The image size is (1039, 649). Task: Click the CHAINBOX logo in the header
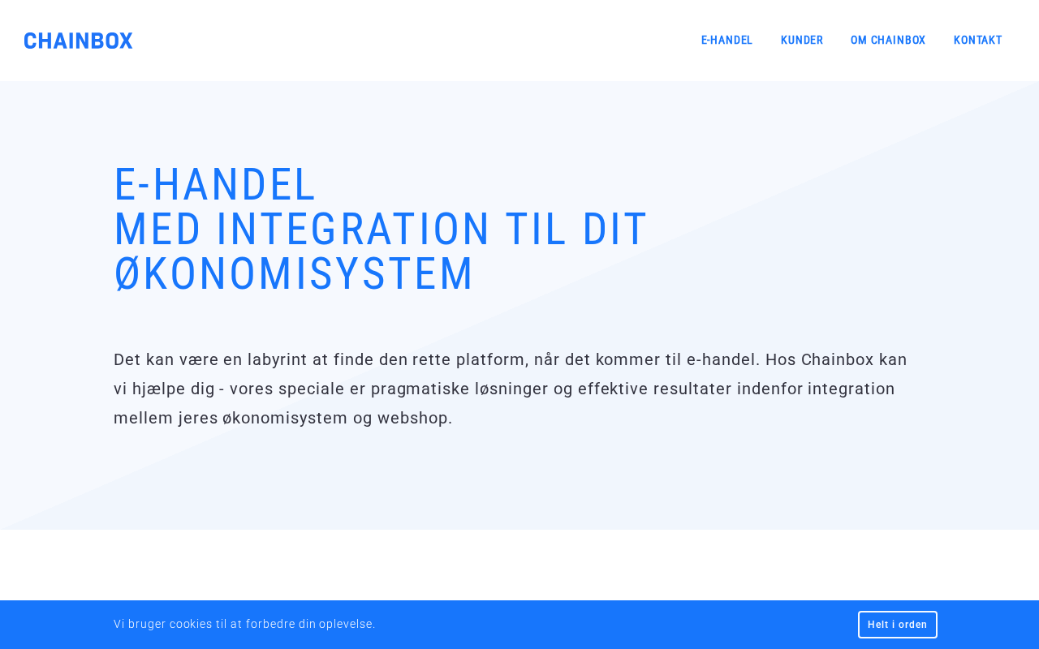[x=78, y=41]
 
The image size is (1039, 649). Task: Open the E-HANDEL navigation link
[x=726, y=41]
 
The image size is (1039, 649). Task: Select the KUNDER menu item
[x=801, y=41]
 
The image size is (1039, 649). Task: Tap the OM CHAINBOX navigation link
[x=888, y=41]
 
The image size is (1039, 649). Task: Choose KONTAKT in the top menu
[x=978, y=41]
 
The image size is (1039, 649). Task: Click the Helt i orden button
[x=897, y=625]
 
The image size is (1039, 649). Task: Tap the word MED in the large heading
[x=157, y=229]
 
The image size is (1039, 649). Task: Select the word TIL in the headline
[x=535, y=229]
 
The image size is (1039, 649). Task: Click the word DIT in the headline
[x=614, y=229]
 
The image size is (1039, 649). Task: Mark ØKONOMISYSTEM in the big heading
[x=294, y=273]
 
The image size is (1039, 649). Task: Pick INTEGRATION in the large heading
[x=352, y=229]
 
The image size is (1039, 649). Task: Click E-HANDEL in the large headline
[x=215, y=184]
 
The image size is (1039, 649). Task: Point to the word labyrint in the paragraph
[x=277, y=359]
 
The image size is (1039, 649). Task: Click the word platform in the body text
[x=492, y=360]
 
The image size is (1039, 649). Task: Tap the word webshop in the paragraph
[x=414, y=418]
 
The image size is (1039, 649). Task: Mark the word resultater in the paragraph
[x=692, y=389]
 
